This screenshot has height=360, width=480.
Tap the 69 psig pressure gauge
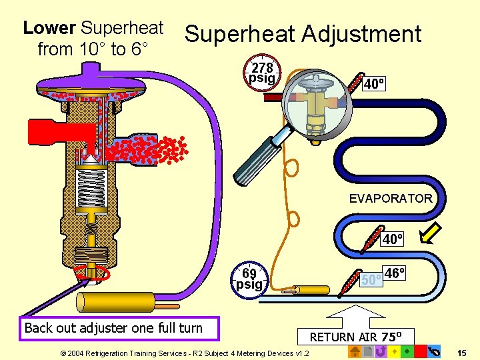coord(249,279)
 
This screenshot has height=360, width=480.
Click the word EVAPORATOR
coord(391,198)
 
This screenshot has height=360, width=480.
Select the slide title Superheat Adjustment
coord(303,34)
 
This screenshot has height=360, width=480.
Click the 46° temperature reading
coord(395,273)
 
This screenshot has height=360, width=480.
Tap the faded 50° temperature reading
coord(371,279)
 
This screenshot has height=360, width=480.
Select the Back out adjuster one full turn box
coord(113,327)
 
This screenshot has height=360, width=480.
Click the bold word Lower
coord(49,28)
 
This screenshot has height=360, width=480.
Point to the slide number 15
coord(462,351)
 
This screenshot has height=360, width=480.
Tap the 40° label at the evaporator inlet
coord(374,84)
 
